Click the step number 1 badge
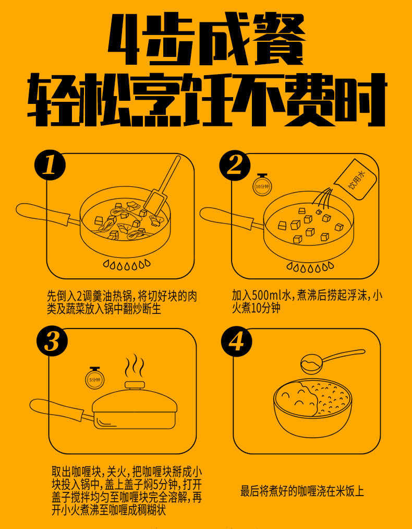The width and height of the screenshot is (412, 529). coord(51,166)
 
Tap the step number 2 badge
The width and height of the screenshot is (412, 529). coord(235,166)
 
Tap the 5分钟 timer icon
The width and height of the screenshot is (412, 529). coord(95,378)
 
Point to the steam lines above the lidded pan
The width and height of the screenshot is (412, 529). coord(135,366)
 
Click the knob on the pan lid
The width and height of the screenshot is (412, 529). coord(135,385)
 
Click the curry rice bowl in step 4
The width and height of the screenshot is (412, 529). coord(313,407)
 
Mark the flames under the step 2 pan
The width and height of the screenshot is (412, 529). coord(310,267)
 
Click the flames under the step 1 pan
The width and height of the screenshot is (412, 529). coord(127,264)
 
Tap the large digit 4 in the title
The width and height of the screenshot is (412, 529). coord(123,40)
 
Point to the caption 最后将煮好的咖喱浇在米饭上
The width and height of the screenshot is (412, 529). coord(302,491)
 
